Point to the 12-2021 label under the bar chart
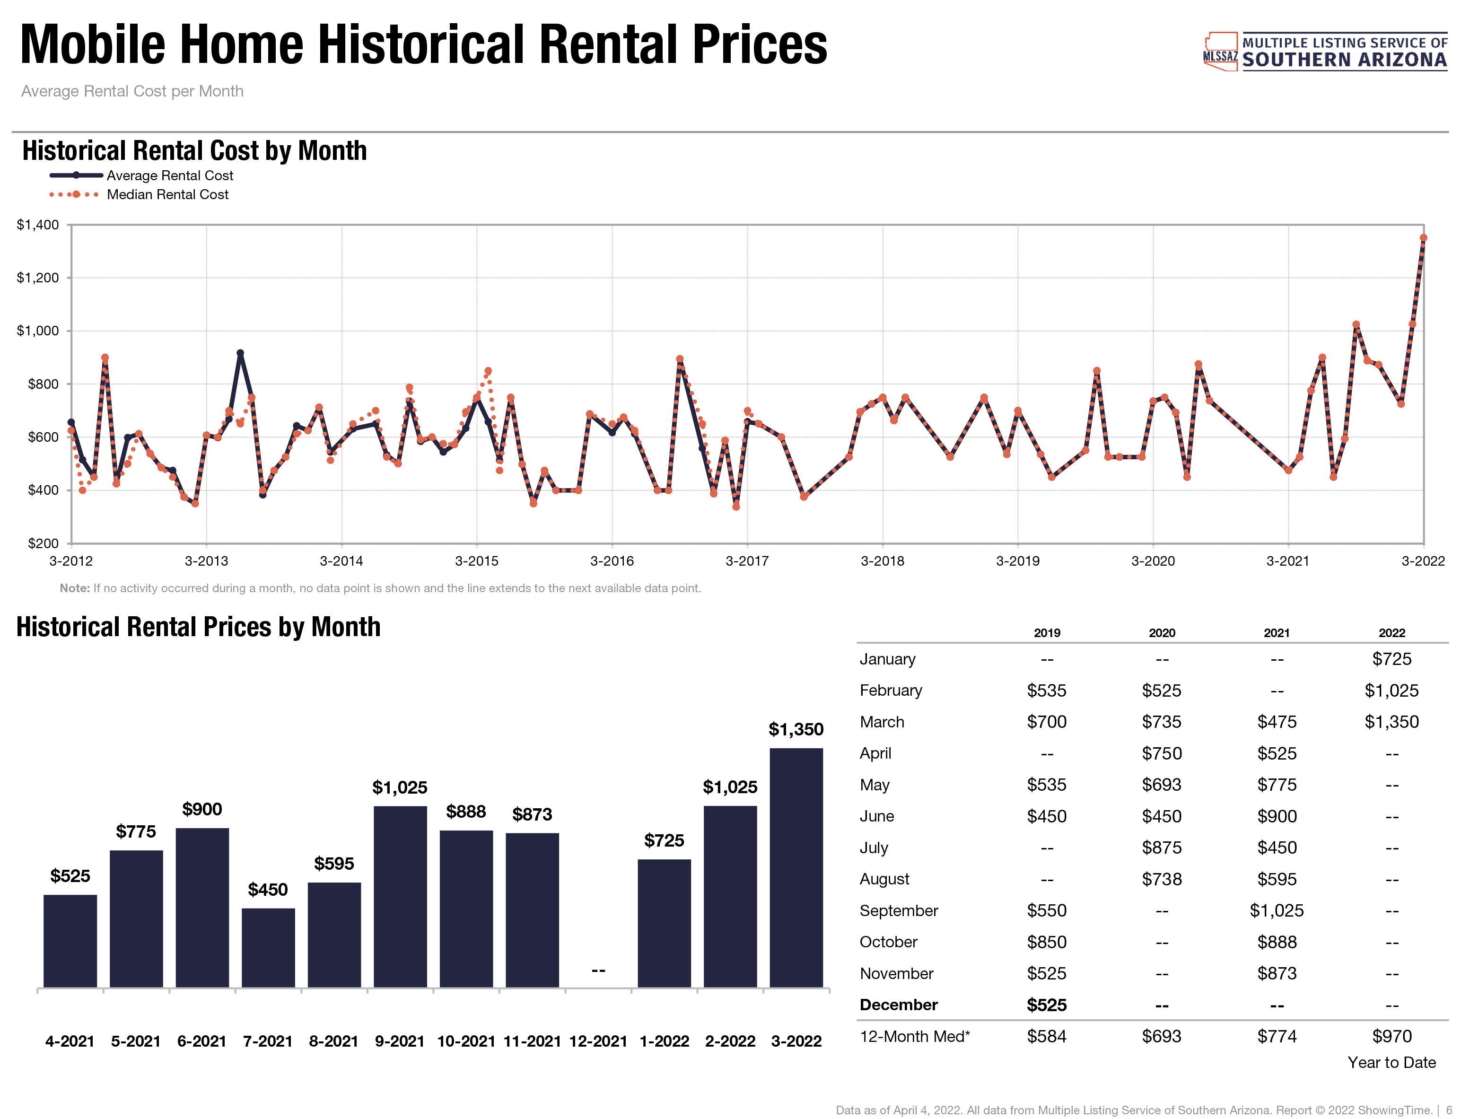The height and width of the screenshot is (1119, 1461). (x=598, y=1041)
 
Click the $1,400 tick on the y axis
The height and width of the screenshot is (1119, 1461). (x=38, y=225)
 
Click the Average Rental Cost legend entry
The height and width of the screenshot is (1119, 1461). (x=170, y=176)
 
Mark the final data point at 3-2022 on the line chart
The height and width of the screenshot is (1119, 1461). (x=1423, y=238)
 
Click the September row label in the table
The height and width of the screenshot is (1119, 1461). (x=898, y=910)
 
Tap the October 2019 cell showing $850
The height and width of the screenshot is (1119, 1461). (x=1046, y=942)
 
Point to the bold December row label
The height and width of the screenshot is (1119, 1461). (x=898, y=1005)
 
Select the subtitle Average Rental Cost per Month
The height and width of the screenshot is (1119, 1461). (x=132, y=91)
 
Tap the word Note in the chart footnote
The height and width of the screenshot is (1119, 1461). (x=74, y=588)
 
